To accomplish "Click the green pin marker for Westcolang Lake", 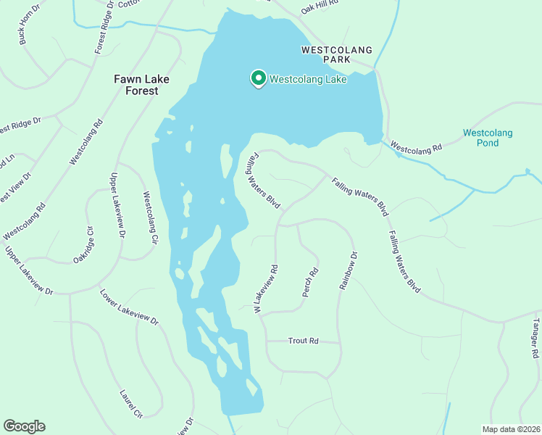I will click(257, 78).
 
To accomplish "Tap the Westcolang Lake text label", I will click(308, 80).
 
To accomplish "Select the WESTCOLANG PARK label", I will click(336, 55).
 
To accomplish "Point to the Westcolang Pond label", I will click(488, 138).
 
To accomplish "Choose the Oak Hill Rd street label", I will click(320, 6).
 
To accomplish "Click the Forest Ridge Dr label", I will click(102, 29).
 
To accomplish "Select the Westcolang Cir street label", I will click(150, 216).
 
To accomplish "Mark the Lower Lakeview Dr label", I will click(129, 307).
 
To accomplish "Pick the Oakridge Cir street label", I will click(84, 246).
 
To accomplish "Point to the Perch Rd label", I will click(310, 283).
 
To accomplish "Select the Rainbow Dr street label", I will click(349, 271).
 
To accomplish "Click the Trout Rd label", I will click(303, 340).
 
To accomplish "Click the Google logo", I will click(24, 426).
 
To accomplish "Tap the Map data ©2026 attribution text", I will click(511, 429).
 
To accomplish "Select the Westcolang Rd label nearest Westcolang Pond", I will click(416, 147).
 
